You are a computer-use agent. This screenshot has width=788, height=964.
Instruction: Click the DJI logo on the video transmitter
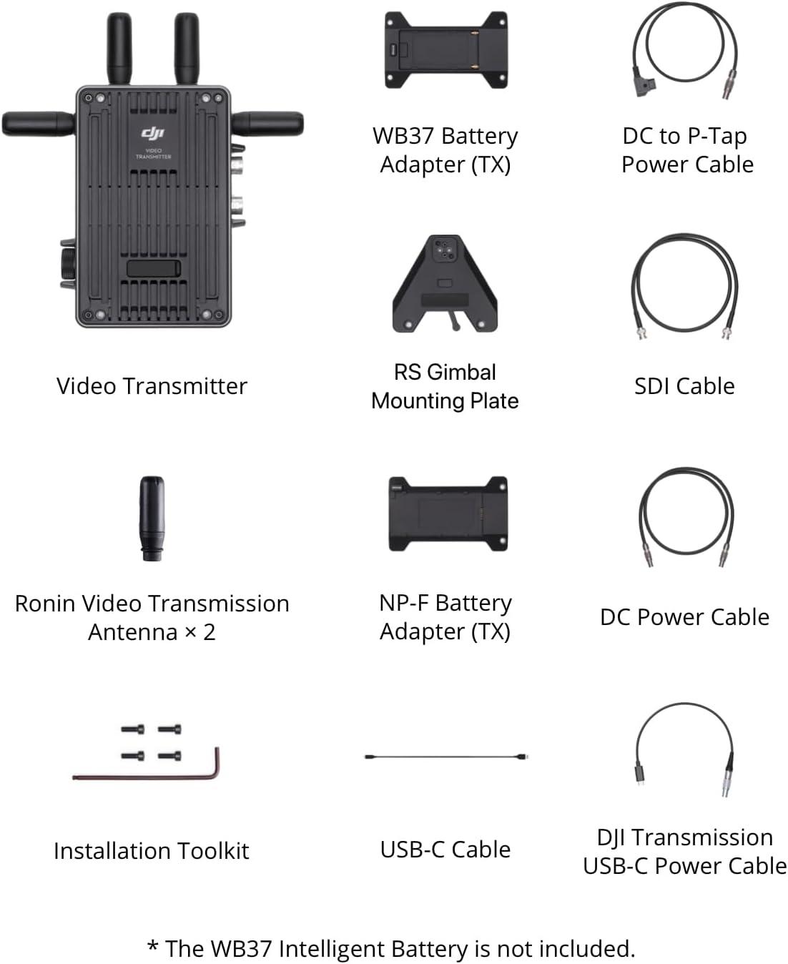pos(153,133)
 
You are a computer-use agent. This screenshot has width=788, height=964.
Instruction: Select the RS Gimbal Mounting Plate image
pos(445,284)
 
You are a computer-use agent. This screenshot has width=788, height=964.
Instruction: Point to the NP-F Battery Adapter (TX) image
pos(448,513)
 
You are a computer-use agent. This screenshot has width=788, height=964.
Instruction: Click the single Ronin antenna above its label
pos(152,518)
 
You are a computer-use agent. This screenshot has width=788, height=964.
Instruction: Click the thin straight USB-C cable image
pos(446,756)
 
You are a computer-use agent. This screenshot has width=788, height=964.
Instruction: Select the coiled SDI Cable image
pos(684,286)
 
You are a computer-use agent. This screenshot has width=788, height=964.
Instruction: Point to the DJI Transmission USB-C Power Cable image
pos(684,747)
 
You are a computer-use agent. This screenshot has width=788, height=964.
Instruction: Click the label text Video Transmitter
pos(152,386)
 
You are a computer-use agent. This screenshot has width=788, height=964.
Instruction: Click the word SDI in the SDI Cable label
pos(652,386)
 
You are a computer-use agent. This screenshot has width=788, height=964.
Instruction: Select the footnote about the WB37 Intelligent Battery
pos(391,948)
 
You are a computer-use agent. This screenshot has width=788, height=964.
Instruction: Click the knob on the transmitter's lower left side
pos(67,265)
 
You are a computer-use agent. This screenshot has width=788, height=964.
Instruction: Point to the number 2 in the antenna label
pos(209,632)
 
